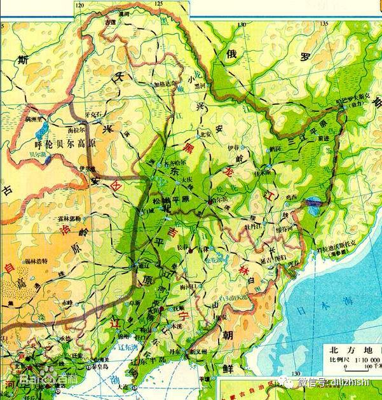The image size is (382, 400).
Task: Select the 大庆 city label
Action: tap(188, 180)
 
